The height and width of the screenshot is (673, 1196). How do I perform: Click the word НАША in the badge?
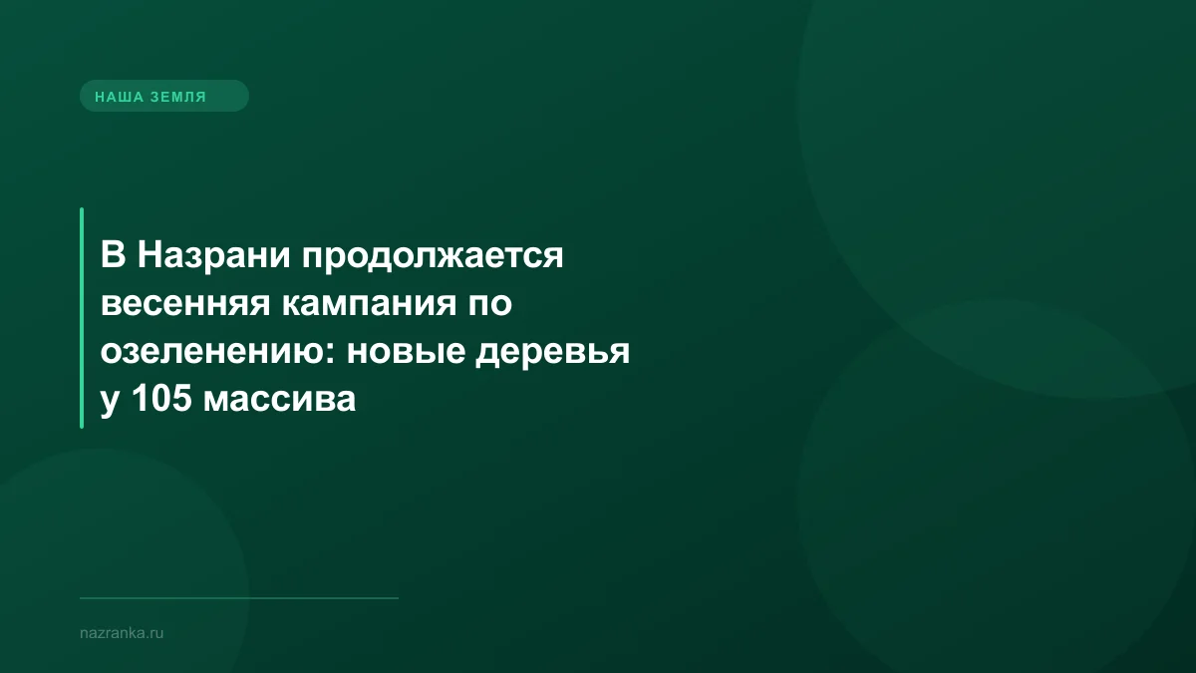click(116, 97)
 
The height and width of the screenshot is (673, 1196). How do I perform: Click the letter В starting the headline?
click(112, 256)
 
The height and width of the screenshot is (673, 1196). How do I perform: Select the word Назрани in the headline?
click(210, 256)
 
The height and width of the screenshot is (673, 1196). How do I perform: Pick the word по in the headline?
click(489, 304)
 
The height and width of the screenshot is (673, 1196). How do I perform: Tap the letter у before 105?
click(108, 401)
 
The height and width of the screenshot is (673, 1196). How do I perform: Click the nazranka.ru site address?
click(121, 632)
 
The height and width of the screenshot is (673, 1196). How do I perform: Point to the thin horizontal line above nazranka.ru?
click(239, 598)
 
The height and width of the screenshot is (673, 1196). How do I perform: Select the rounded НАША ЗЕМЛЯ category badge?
click(163, 97)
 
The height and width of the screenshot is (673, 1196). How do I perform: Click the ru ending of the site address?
click(155, 632)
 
